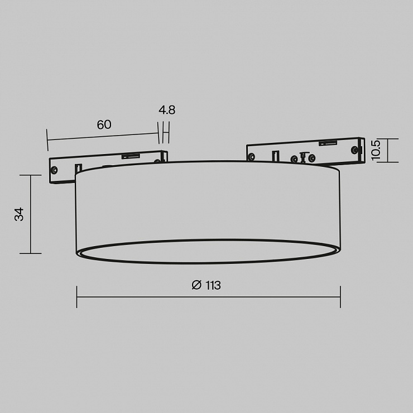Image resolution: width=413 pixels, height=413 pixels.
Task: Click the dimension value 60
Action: coord(104,124)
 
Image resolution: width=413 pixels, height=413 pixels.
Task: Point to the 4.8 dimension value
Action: coord(167,110)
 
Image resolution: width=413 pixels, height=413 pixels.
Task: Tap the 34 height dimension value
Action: coord(19,214)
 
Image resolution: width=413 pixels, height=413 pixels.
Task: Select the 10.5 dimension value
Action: coord(376,150)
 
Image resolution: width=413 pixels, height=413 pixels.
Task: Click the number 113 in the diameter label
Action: coord(213,285)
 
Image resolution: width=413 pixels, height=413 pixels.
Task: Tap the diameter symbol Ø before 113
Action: coord(196,285)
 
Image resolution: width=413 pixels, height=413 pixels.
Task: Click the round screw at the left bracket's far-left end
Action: coord(55,170)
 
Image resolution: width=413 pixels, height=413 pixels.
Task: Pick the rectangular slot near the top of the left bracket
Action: coord(131,156)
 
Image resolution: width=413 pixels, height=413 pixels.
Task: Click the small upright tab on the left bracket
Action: coord(79,168)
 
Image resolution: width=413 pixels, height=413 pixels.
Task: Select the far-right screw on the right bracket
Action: coord(355,150)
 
